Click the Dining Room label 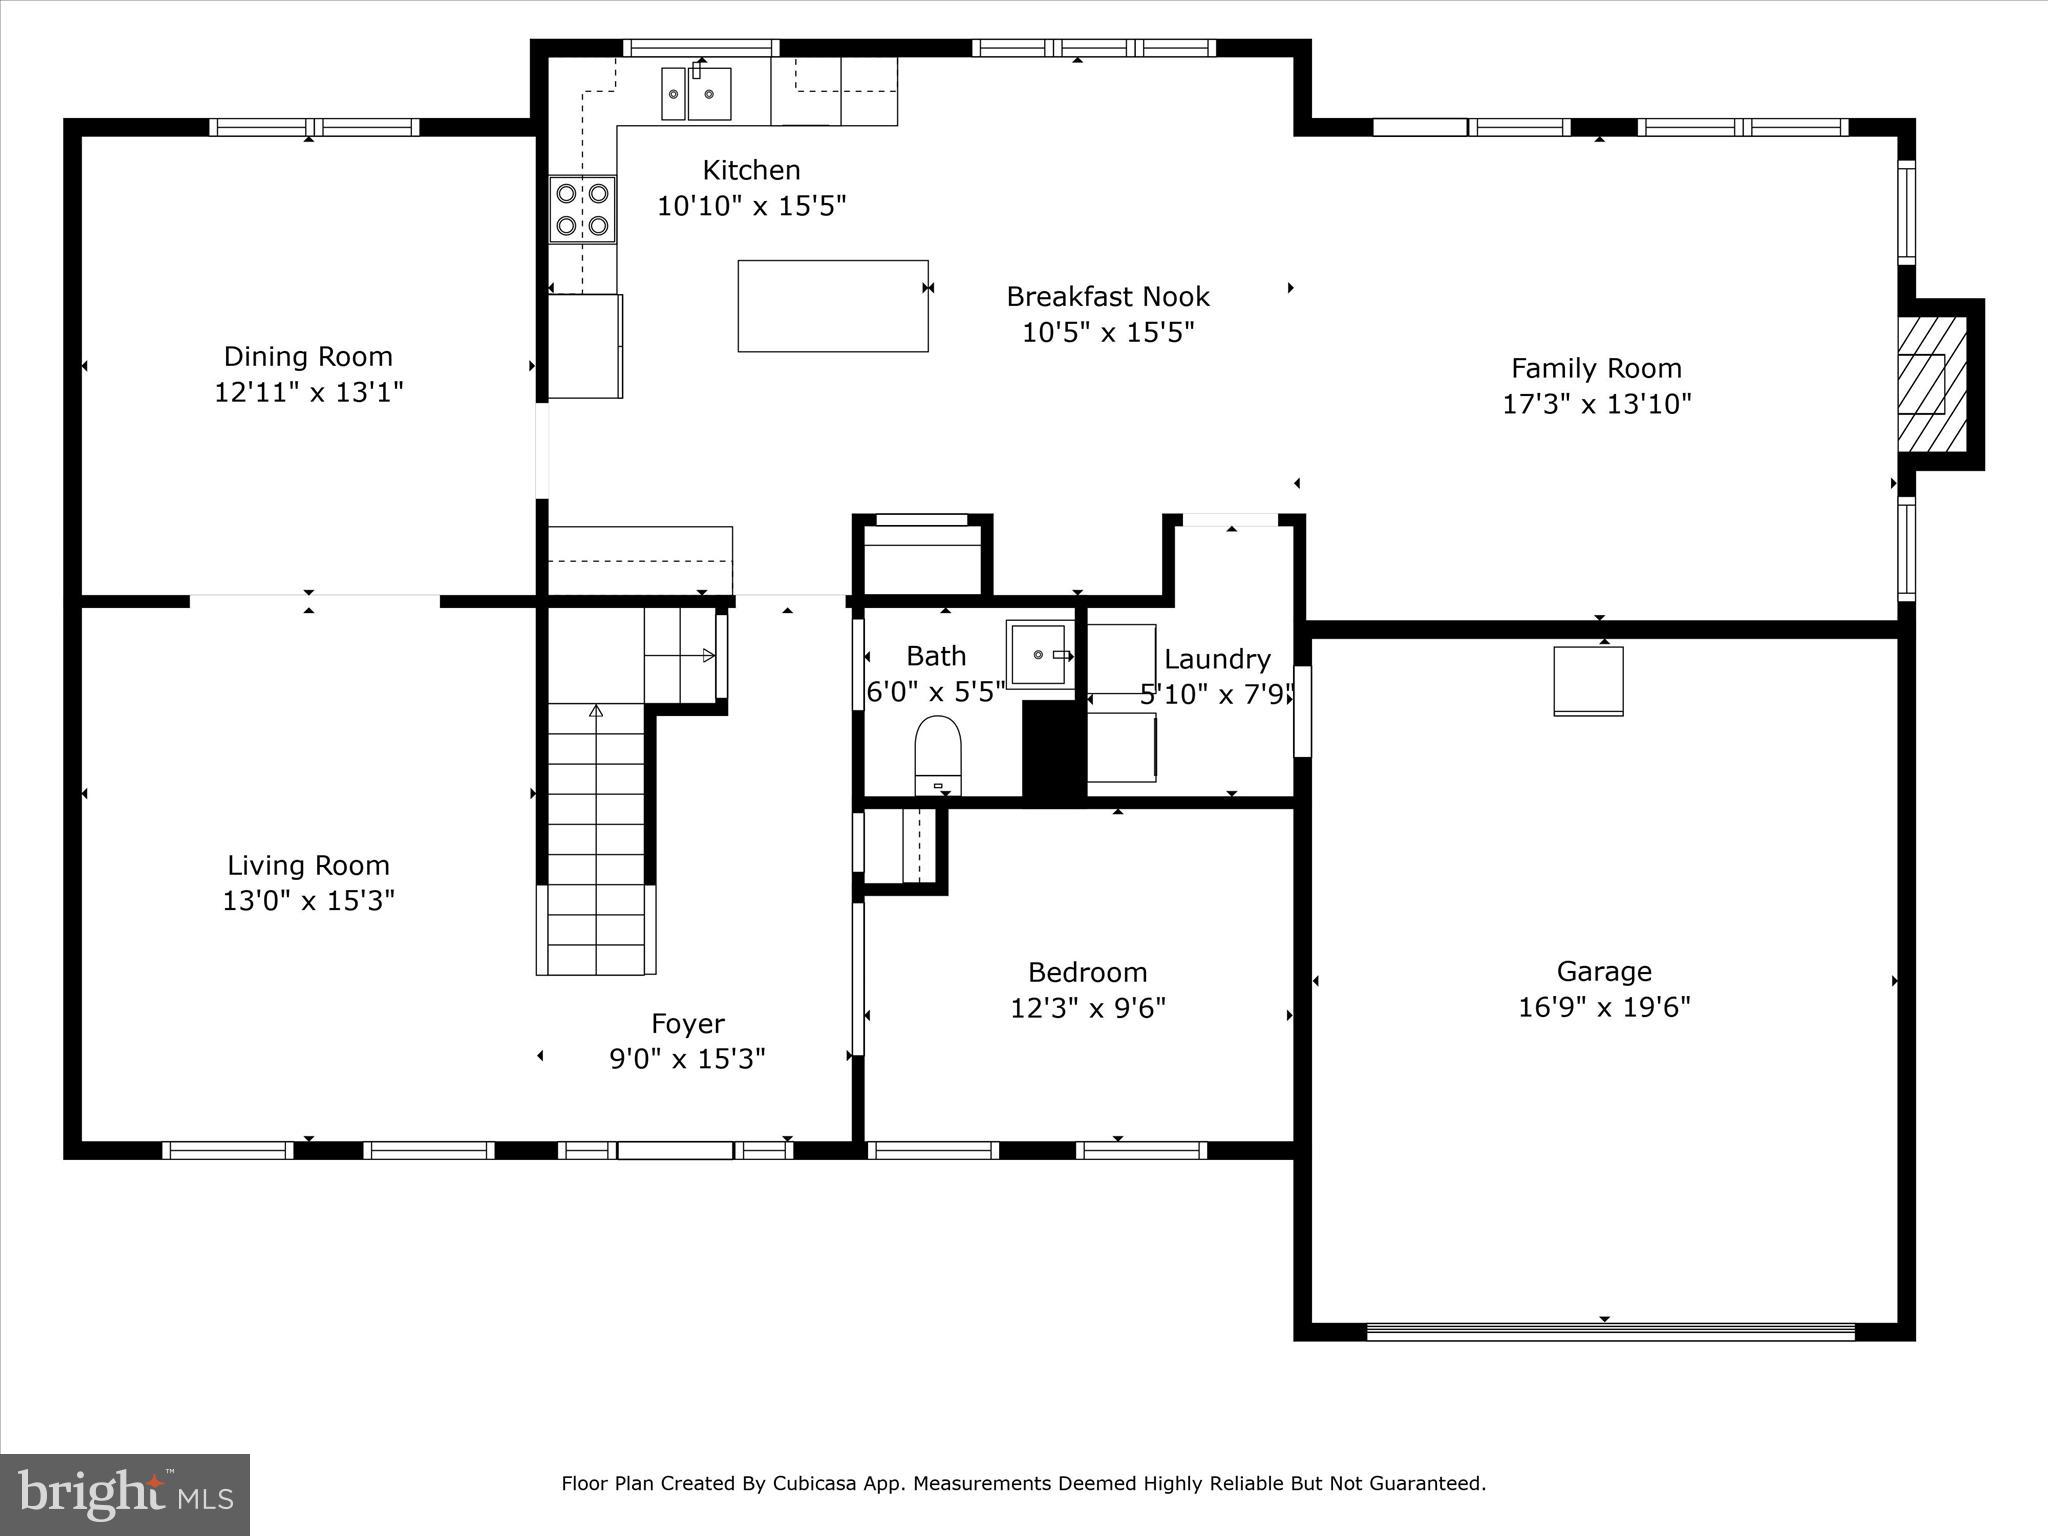308,357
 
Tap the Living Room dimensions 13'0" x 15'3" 308,901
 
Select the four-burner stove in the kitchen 582,209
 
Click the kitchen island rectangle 832,306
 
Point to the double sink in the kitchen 696,94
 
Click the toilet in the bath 937,755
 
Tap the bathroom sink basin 1040,655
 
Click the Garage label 1603,971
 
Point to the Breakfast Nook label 1107,297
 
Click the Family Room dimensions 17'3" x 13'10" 1596,404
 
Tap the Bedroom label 1087,972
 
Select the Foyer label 687,1024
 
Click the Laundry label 1216,659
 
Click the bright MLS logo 125,1495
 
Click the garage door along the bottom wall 1610,1331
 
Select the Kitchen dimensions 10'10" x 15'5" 751,206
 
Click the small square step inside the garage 1587,681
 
